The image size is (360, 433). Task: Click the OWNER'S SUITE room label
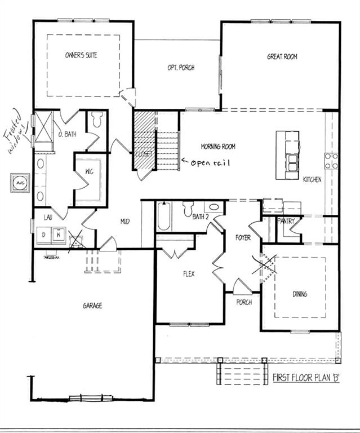(x=83, y=56)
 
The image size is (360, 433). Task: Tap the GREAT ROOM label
(x=282, y=56)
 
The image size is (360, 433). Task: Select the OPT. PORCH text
(x=181, y=68)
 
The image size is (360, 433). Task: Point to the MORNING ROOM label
(x=218, y=147)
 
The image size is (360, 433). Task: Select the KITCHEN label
(x=312, y=180)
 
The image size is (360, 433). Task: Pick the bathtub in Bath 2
(x=163, y=216)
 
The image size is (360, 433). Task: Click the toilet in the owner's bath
(x=96, y=120)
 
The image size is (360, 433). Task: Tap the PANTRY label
(x=286, y=221)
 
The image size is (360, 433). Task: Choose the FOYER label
(x=243, y=238)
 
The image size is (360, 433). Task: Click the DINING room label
(x=300, y=294)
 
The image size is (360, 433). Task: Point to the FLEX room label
(x=188, y=275)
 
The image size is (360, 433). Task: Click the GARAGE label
(x=92, y=306)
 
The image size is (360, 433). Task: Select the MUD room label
(x=125, y=222)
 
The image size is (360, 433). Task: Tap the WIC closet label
(x=88, y=173)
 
